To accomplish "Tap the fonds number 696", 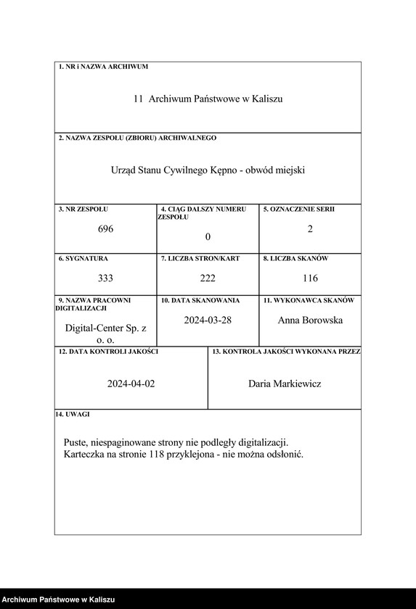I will point(106,229).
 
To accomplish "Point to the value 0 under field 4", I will point(208,237).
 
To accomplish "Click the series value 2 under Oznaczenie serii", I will point(310,229).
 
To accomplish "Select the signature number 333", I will point(106,278).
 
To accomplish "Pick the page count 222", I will point(208,278).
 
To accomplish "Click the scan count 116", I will point(310,278).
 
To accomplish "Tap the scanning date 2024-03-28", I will point(208,320).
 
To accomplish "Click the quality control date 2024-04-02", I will point(131,384).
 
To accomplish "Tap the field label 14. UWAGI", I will point(73,415).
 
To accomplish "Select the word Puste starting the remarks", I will point(76,442).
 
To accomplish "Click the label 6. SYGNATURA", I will point(83,258).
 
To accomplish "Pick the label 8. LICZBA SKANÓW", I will point(296,258).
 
